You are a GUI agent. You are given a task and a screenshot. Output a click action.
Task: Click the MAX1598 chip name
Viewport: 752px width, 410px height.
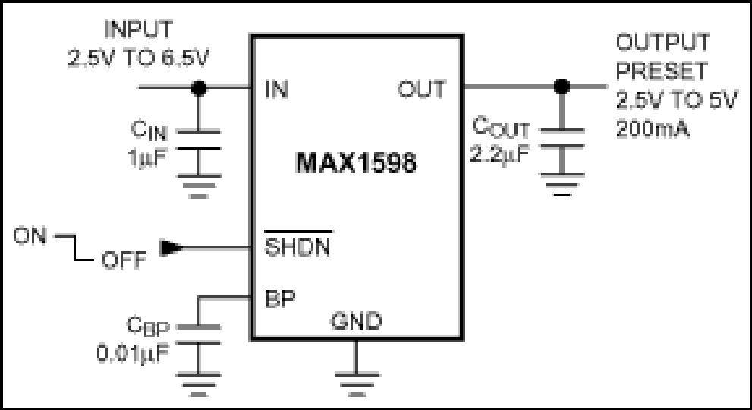357,162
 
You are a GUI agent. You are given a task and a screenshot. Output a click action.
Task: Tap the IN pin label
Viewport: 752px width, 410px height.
277,90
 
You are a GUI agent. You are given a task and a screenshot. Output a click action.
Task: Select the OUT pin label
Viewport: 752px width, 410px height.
421,90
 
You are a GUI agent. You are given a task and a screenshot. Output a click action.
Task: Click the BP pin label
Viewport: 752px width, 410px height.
281,298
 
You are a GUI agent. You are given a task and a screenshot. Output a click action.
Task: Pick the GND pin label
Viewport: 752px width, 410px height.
357,320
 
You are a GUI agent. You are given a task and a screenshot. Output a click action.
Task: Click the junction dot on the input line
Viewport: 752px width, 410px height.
199,88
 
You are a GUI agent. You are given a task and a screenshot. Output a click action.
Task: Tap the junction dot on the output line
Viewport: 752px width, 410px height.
562,87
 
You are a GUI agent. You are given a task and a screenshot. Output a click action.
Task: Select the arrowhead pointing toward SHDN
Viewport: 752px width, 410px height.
170,248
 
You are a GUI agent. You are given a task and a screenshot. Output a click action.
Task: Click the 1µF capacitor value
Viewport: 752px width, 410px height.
148,157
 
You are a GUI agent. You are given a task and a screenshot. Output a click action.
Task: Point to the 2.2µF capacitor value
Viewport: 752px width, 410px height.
499,154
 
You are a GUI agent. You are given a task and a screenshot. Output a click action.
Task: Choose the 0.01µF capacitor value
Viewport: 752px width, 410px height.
133,353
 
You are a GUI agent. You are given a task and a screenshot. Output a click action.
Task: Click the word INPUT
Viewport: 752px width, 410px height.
138,30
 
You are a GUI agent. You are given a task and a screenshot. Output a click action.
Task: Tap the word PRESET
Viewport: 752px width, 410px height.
662,71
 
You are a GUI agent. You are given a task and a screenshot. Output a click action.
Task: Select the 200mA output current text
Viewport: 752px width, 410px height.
653,128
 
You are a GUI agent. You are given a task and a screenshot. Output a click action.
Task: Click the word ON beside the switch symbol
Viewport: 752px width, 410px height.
30,235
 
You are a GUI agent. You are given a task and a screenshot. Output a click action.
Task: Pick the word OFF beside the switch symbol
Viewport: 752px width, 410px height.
124,260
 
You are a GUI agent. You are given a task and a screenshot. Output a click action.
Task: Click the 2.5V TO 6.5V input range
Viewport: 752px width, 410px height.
139,58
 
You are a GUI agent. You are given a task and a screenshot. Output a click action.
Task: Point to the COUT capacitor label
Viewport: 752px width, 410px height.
501,128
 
